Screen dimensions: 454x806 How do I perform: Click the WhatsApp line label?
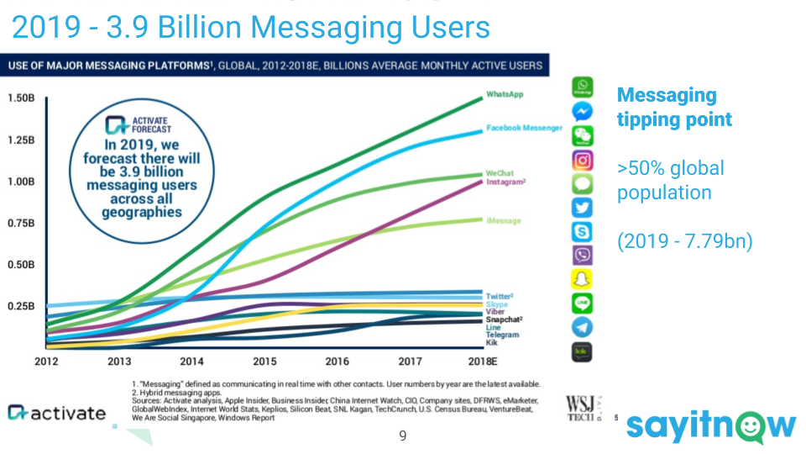point(505,95)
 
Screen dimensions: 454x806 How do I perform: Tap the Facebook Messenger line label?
point(524,128)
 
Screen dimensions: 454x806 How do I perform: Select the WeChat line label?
point(501,173)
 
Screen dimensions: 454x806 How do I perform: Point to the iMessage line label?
point(503,221)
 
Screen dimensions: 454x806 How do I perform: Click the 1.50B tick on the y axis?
point(20,98)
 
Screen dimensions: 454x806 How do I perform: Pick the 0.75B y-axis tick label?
point(20,223)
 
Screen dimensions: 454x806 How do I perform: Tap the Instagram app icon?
point(582,160)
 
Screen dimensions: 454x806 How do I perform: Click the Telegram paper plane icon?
point(582,328)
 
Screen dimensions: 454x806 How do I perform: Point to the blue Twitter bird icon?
point(582,208)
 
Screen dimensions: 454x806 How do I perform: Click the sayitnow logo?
point(710,425)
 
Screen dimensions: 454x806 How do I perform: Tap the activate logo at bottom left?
point(57,412)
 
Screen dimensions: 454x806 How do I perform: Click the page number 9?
point(403,436)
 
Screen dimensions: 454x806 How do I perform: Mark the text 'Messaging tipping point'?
point(674,107)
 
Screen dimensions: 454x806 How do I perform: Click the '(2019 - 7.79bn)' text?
point(684,242)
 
